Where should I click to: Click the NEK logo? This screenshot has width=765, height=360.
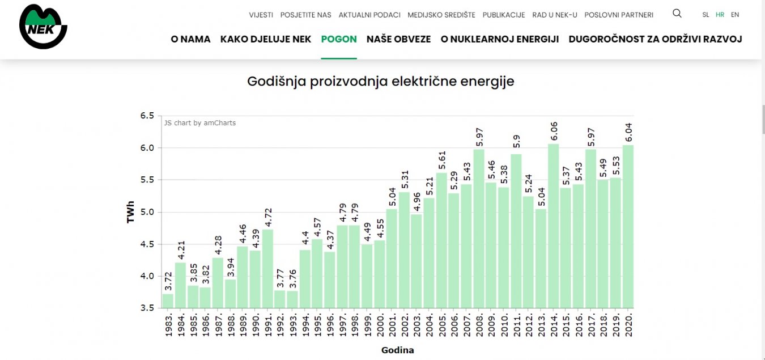click(x=43, y=27)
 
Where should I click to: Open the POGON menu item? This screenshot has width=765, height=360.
click(x=339, y=39)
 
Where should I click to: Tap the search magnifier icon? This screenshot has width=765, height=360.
click(x=677, y=14)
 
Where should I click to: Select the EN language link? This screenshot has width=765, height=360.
click(x=735, y=15)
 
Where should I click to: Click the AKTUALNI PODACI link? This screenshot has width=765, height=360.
click(x=369, y=15)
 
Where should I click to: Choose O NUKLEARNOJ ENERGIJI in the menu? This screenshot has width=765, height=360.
click(x=500, y=39)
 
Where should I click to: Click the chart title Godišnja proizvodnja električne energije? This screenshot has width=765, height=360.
click(x=381, y=82)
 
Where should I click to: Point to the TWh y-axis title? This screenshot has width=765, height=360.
click(x=131, y=212)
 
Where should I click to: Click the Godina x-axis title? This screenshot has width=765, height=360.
click(x=397, y=350)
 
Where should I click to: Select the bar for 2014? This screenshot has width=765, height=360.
click(x=554, y=227)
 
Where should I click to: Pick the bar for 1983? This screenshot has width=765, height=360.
click(x=168, y=301)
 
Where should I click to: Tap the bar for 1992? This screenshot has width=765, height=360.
click(x=279, y=299)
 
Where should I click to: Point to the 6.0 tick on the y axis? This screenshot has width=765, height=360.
click(x=147, y=148)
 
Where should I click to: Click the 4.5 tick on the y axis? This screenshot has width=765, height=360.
click(x=147, y=244)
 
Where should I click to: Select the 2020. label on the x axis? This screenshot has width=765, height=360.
click(x=628, y=323)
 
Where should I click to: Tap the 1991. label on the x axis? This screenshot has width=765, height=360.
click(x=267, y=323)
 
